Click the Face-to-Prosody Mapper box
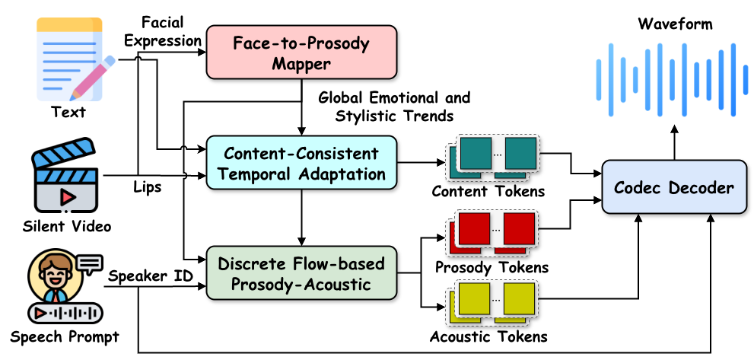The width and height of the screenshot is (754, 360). click(302, 52)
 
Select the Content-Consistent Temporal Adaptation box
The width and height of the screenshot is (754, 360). click(302, 164)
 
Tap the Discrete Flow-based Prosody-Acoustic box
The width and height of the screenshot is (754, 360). click(302, 274)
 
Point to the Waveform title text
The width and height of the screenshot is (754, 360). click(676, 24)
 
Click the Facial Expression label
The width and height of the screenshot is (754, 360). click(162, 31)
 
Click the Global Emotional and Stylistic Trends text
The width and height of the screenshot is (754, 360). click(394, 107)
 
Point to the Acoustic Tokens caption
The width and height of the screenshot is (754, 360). click(488, 336)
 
